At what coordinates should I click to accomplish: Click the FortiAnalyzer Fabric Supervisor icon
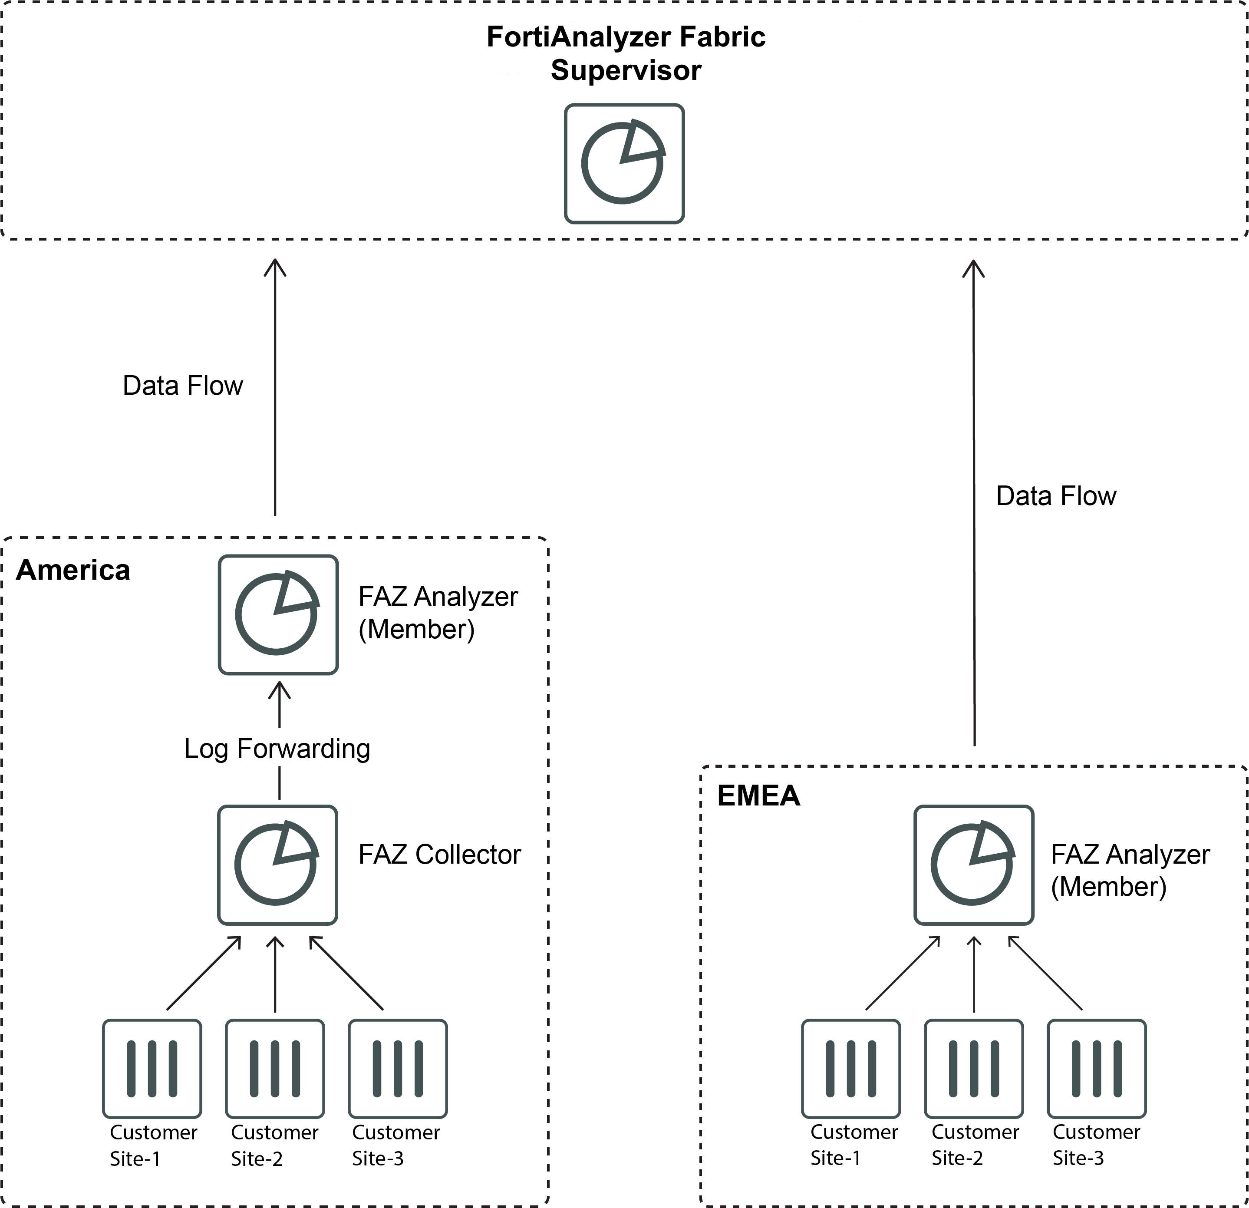tap(624, 164)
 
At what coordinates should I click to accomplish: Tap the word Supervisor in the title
tap(625, 70)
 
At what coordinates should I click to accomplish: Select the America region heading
tap(73, 570)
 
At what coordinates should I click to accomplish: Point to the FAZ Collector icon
tap(277, 865)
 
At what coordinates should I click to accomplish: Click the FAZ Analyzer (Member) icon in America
tap(278, 614)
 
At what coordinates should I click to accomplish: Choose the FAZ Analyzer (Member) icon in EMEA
tap(973, 865)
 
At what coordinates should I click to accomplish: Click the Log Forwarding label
tap(277, 749)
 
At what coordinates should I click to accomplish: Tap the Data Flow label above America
tap(182, 386)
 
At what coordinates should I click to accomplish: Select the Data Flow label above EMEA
tap(1055, 496)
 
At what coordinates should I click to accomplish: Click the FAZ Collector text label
tap(439, 855)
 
